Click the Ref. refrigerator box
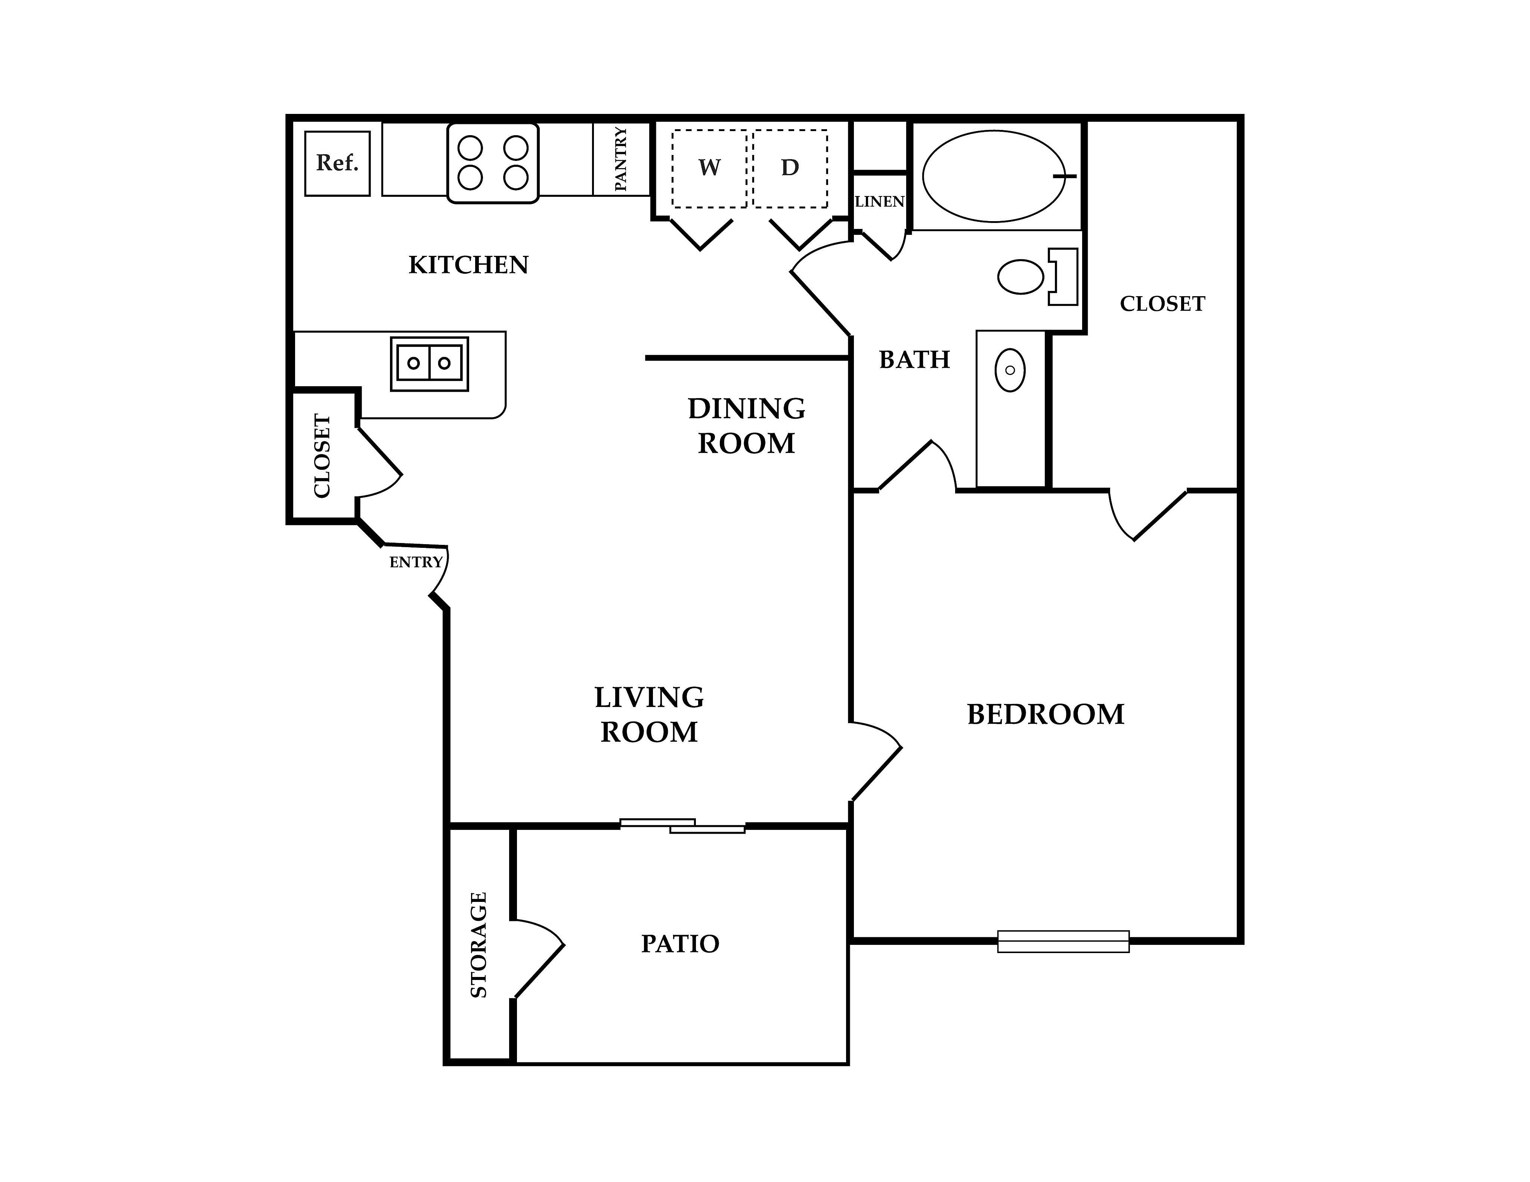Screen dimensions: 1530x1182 (337, 163)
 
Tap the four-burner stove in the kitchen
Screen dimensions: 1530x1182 (492, 163)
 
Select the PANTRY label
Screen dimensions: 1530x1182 (621, 159)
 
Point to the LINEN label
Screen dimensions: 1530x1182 (880, 202)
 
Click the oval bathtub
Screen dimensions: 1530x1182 (993, 176)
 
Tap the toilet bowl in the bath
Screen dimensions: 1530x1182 (1021, 277)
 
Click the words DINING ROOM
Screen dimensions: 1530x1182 (747, 426)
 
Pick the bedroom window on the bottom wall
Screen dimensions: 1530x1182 (1063, 941)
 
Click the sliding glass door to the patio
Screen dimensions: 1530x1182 (682, 826)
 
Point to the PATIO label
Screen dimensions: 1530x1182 (680, 944)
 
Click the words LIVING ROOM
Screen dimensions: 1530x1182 (650, 715)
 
